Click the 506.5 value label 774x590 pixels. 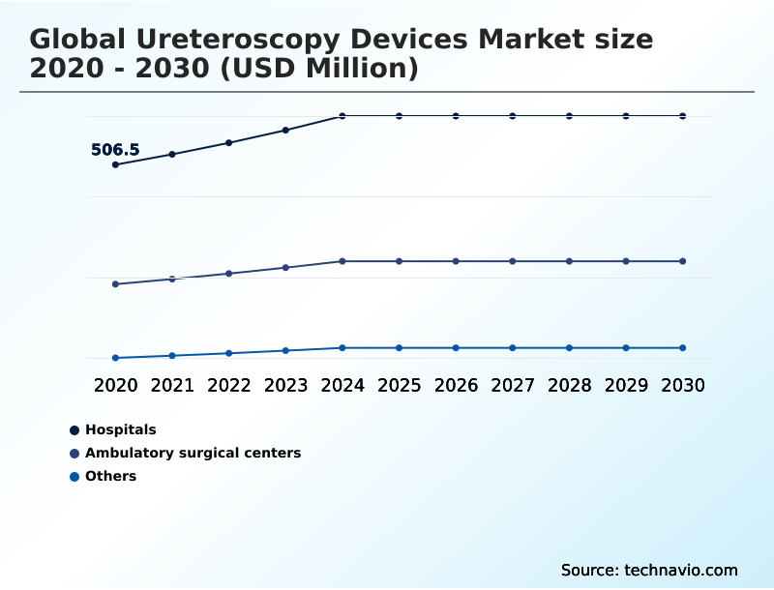tap(115, 150)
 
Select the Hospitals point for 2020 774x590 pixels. tap(115, 164)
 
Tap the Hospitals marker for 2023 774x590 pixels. tap(285, 130)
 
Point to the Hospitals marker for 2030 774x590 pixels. tap(683, 116)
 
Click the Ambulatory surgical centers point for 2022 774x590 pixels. tap(229, 274)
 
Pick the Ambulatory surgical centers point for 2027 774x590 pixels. tap(513, 261)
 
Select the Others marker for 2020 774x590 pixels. tap(115, 358)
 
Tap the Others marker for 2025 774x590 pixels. tap(399, 347)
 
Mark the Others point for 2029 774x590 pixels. tap(626, 347)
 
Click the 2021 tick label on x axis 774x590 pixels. tap(172, 385)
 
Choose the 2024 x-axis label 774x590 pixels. tap(342, 385)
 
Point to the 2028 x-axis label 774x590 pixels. tap(569, 385)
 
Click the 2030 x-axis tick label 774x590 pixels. tap(683, 385)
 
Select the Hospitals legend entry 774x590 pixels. tap(120, 429)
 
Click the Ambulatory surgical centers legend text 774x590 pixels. tap(193, 453)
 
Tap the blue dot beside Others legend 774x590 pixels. tap(74, 476)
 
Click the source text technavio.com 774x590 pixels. tap(681, 570)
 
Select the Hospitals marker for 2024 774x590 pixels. tap(342, 116)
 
